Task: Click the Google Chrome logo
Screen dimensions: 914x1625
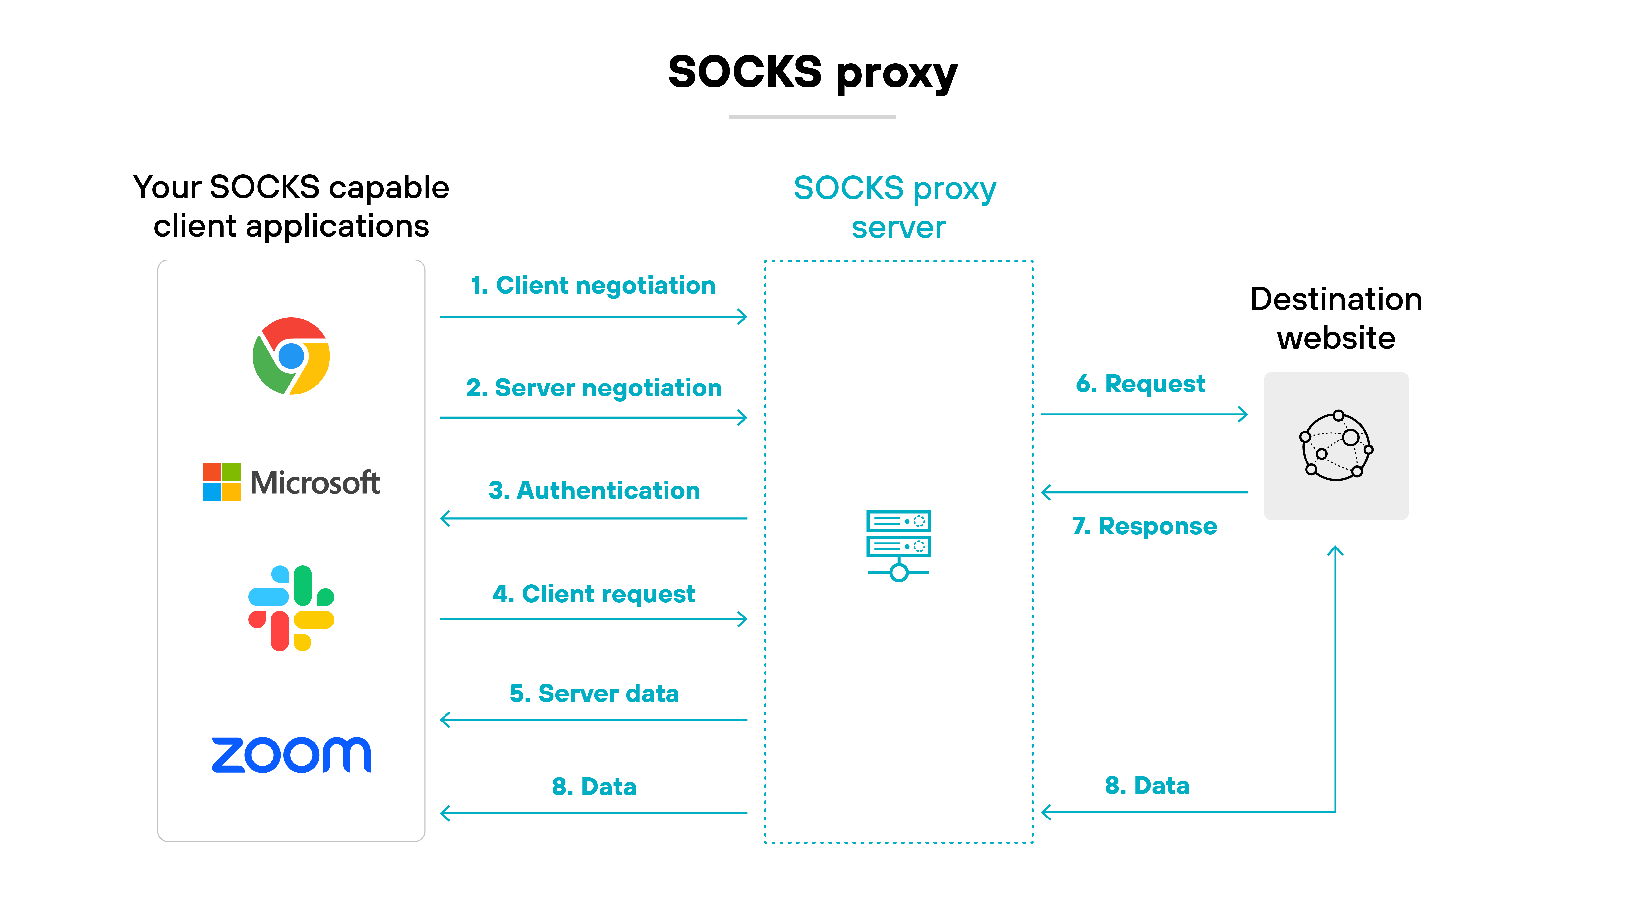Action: click(291, 356)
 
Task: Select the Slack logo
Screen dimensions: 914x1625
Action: click(291, 608)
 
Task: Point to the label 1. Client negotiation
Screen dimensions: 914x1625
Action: click(593, 286)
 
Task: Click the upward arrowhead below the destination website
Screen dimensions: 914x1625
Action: click(1335, 551)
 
